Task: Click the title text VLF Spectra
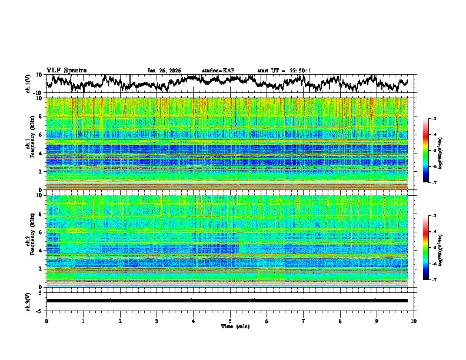66,70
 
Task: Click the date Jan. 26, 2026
164,71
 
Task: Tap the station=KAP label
218,71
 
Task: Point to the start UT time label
284,71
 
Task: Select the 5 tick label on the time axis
230,321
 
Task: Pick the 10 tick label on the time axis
414,321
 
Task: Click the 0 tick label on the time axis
46,321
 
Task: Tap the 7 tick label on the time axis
304,321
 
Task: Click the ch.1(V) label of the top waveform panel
28,84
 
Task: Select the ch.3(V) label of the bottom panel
28,301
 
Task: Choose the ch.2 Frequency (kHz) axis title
29,241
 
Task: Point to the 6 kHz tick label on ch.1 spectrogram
41,135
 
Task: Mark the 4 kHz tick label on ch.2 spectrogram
41,251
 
